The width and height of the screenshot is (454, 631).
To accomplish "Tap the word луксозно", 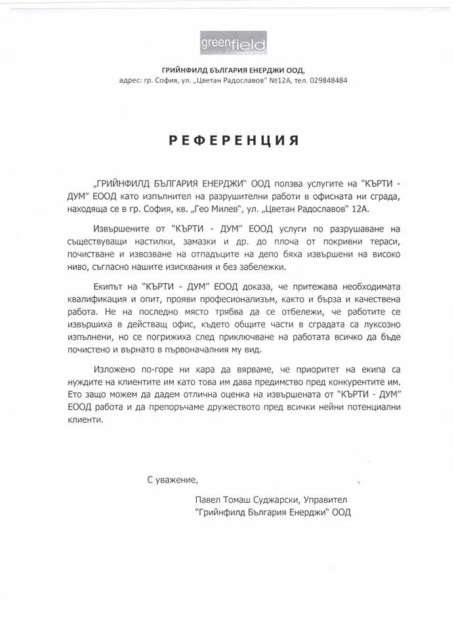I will [x=380, y=326].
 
